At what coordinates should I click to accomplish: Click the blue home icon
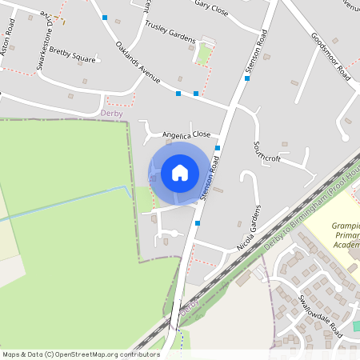point(179,173)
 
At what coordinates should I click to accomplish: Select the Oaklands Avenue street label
point(138,63)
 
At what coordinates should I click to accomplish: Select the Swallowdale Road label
point(319,314)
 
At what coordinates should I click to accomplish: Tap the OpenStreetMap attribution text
point(80,354)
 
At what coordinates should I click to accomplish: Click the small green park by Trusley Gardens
point(204,54)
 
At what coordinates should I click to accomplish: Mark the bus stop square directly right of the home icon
point(218,148)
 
